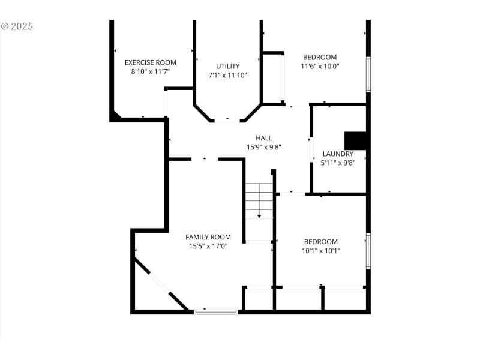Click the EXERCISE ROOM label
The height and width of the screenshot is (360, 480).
150,62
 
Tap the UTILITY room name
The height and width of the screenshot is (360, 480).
227,66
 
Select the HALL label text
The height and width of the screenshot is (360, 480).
263,138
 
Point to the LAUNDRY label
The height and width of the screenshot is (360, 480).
338,154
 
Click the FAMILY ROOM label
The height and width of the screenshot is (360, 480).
208,237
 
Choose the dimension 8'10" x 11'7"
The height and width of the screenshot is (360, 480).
150,71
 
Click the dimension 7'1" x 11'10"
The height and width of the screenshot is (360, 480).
227,75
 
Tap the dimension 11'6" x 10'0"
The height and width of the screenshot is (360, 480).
320,66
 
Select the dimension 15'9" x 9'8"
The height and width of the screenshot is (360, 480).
263,146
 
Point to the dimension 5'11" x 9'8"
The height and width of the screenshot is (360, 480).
338,162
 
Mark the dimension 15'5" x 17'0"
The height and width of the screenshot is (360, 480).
208,245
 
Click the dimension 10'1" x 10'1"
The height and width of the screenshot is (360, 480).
320,250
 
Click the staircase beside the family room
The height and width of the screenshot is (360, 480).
259,201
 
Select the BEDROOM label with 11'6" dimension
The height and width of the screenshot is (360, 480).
320,58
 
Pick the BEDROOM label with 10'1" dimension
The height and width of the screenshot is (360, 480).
320,242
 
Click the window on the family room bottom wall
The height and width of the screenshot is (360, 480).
215,311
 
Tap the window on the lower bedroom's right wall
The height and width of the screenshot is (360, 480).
368,251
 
